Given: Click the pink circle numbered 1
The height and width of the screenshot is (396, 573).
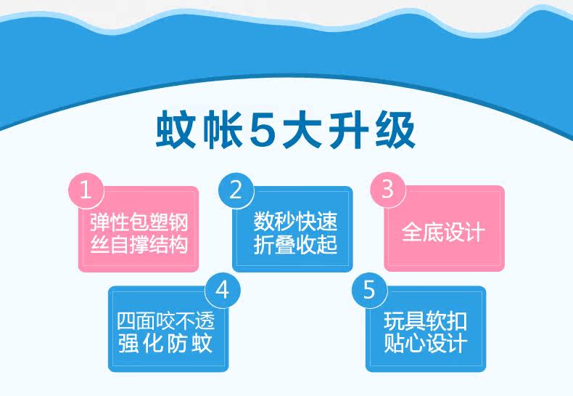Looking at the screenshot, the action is pos(86,190).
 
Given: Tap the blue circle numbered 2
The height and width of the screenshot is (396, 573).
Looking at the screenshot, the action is pos(236,190).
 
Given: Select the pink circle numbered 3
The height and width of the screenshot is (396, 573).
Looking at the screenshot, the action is pos(388,189).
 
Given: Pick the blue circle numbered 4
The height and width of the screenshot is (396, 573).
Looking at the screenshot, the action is pos(223,290).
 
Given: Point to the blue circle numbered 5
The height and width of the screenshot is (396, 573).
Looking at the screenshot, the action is pos(369,289).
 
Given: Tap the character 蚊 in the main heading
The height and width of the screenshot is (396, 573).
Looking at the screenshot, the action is pos(175,129).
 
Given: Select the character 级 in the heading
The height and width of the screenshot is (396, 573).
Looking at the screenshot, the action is pos(395,129).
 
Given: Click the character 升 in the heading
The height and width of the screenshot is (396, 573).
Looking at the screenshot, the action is pos(348,129).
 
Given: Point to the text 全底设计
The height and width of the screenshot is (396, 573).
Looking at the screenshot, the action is pos(443,232).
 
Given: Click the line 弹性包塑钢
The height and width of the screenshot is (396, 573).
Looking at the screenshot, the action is pos(139,222).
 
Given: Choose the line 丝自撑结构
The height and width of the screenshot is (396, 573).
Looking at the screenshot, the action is pos(139,244).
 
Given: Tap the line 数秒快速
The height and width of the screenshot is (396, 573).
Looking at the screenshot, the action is pos(295,222).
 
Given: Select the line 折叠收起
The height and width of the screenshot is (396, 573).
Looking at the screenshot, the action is pos(295,244).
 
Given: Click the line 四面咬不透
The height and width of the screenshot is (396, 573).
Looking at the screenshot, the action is pos(165,321).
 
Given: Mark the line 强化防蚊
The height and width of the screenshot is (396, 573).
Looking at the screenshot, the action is pos(165,343).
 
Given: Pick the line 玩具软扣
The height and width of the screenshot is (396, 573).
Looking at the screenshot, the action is pos(425,321).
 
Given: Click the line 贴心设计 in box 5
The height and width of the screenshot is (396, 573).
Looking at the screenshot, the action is pos(425,343).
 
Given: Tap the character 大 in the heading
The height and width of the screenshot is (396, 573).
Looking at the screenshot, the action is pos(302,129).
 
